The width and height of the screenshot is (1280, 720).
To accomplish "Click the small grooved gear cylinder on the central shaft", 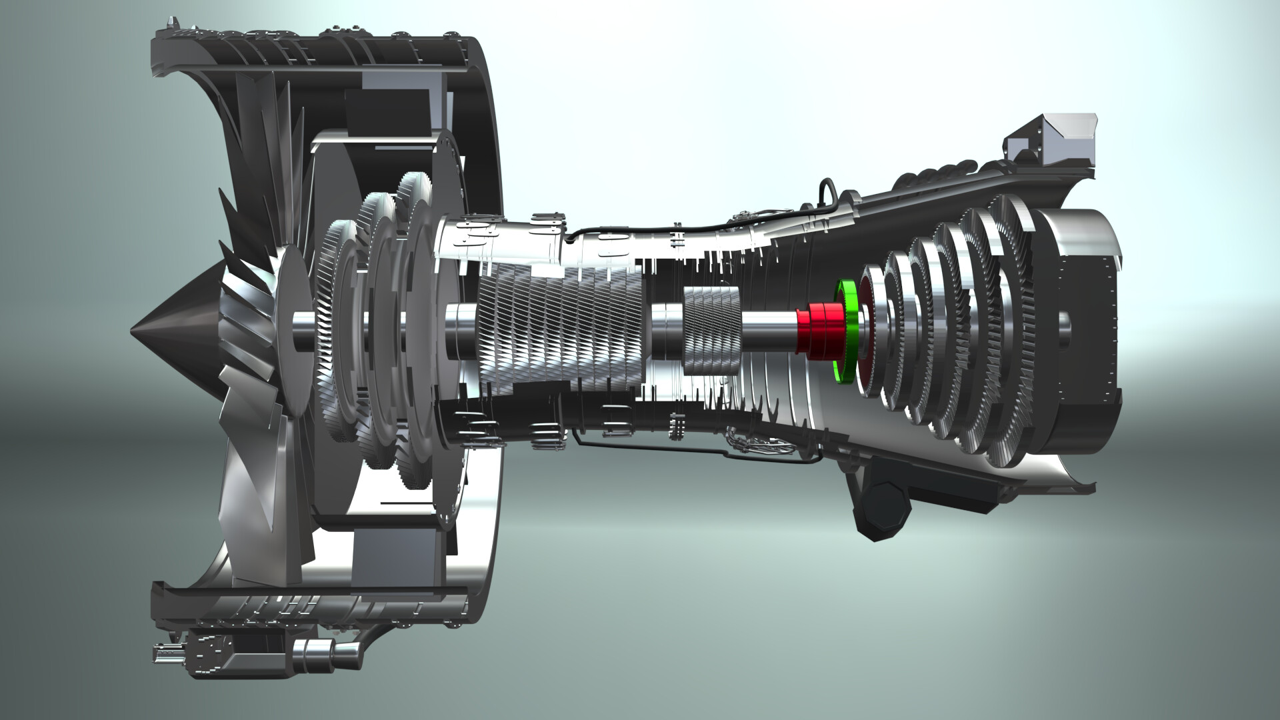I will pyautogui.click(x=712, y=331).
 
